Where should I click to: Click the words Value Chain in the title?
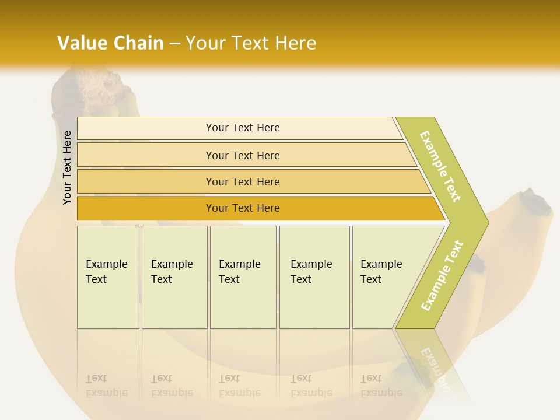tap(110, 43)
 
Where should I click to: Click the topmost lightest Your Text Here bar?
tap(242, 128)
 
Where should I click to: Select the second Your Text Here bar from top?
tap(242, 155)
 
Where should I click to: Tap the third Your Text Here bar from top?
tap(242, 181)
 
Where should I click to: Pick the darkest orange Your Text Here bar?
tap(242, 208)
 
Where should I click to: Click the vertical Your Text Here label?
tap(67, 167)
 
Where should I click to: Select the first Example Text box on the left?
tap(108, 277)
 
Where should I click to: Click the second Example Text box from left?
tap(174, 277)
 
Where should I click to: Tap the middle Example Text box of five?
tap(243, 277)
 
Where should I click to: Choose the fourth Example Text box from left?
tap(314, 277)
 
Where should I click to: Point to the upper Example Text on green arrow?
tap(440, 166)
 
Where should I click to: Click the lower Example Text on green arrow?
tap(442, 275)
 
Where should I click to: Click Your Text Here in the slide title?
tap(251, 43)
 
